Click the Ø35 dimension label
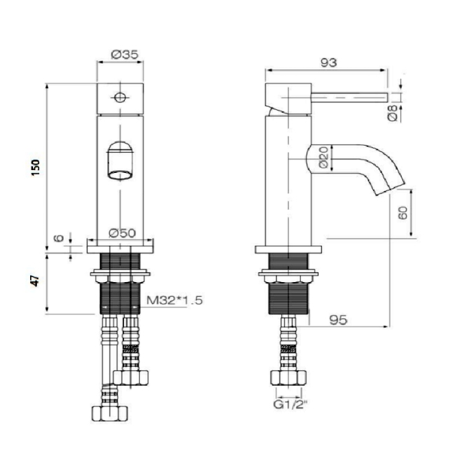(125, 55)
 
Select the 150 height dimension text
(36, 167)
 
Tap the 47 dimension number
(35, 281)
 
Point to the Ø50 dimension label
(122, 233)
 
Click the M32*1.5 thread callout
(174, 300)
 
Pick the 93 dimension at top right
(328, 63)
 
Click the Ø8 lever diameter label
(393, 113)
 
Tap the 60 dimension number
(402, 213)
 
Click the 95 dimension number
(338, 320)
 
